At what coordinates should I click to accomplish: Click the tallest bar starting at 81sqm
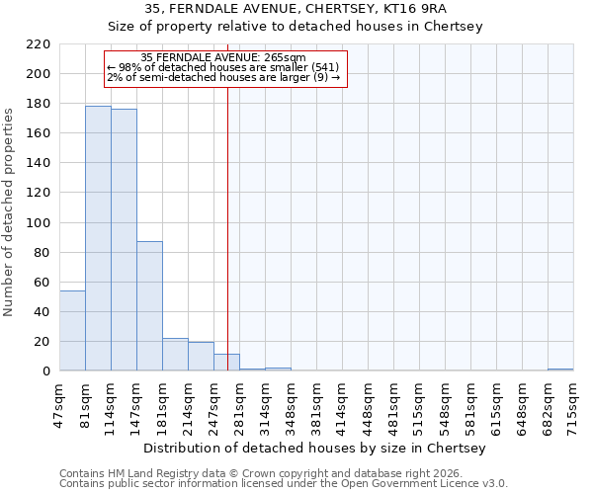pyautogui.click(x=98, y=238)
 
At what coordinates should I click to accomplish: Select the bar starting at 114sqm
pyautogui.click(x=124, y=240)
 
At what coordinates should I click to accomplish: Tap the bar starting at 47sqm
pyautogui.click(x=72, y=331)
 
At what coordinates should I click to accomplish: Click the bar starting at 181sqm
pyautogui.click(x=175, y=355)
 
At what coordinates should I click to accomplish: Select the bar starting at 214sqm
pyautogui.click(x=201, y=357)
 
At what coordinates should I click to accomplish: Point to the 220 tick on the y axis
pyautogui.click(x=40, y=44)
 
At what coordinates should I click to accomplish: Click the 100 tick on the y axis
pyautogui.click(x=40, y=223)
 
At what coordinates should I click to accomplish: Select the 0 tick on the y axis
pyautogui.click(x=46, y=371)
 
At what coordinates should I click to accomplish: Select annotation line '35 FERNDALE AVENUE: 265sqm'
pyautogui.click(x=223, y=58)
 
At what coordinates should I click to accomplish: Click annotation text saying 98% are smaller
pyautogui.click(x=223, y=67)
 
